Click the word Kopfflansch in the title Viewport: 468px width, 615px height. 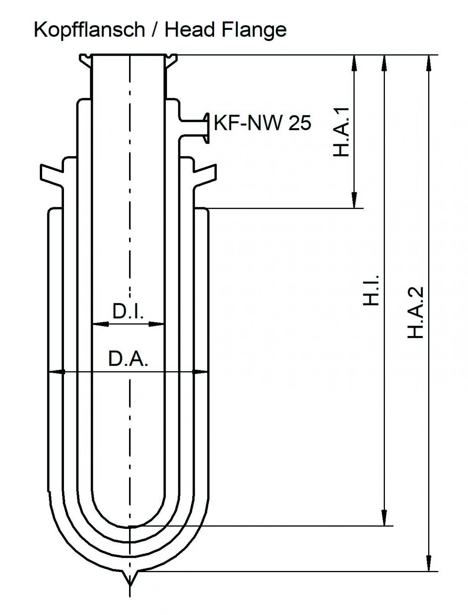89,30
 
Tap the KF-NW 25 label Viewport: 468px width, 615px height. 262,123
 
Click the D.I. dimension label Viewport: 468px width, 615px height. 128,311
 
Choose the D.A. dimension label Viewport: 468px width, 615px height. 128,359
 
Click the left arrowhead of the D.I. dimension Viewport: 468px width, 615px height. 100,323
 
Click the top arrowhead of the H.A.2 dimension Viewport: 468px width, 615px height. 429,62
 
